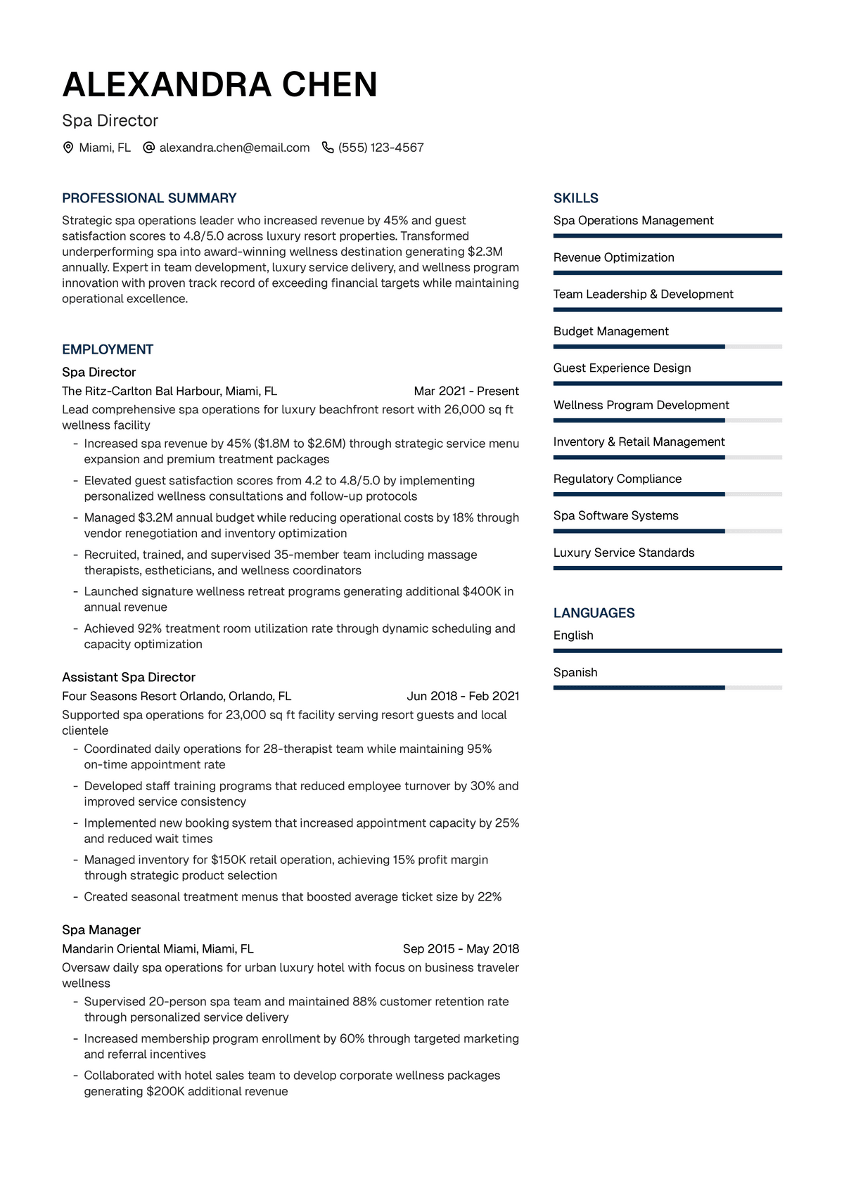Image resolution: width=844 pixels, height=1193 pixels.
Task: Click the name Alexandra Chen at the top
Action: click(219, 85)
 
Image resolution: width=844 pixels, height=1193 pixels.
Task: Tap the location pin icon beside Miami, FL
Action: click(68, 148)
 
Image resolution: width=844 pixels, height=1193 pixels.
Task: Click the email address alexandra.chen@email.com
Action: click(234, 148)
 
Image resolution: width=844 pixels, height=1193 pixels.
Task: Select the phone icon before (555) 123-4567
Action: click(328, 148)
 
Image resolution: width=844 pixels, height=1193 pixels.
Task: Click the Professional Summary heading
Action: click(149, 198)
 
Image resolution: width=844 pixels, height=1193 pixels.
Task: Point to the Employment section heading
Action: click(108, 349)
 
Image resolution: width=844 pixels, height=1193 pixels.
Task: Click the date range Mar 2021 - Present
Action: click(466, 391)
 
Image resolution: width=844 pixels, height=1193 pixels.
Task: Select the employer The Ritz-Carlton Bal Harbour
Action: click(170, 391)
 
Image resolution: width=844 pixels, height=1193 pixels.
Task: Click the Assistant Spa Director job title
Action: click(129, 677)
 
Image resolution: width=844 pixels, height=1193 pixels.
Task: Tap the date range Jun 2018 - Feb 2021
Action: click(463, 696)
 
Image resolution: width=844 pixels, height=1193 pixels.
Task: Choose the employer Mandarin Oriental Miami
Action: click(158, 948)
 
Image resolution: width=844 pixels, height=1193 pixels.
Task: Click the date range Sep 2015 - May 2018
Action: click(461, 948)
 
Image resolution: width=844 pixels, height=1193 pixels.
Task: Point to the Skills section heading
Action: click(576, 198)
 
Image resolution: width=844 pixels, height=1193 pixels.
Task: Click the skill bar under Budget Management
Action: click(667, 347)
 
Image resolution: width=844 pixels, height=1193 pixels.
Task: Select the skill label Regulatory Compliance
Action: click(618, 479)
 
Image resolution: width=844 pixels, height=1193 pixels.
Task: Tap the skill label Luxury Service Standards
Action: click(624, 553)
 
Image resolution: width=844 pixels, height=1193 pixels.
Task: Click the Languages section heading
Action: click(594, 613)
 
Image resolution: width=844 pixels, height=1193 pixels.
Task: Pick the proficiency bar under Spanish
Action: click(667, 688)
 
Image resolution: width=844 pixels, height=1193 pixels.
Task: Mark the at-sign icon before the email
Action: click(148, 148)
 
